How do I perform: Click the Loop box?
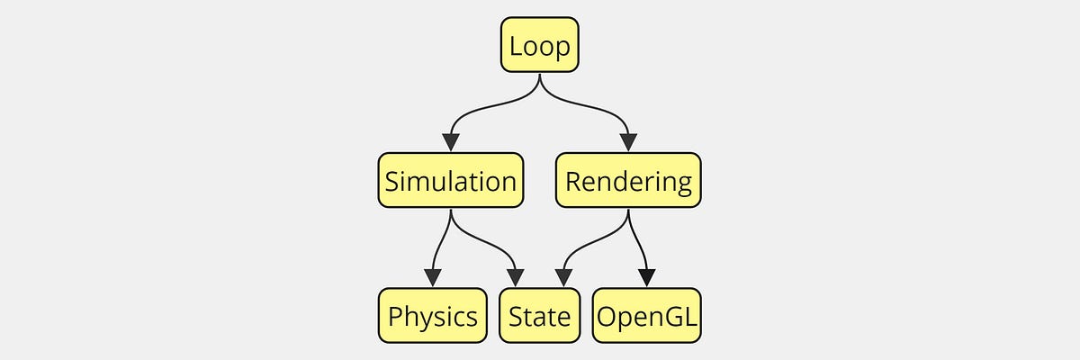coord(539,46)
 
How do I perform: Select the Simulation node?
coord(450,181)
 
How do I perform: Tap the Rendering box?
coord(628,181)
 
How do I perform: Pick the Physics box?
coord(433,316)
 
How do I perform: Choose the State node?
coord(539,316)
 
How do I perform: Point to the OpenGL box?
coord(647,316)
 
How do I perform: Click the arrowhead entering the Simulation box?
coord(450,142)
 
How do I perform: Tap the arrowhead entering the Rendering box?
coord(628,142)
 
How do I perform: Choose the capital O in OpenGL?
coord(607,316)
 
